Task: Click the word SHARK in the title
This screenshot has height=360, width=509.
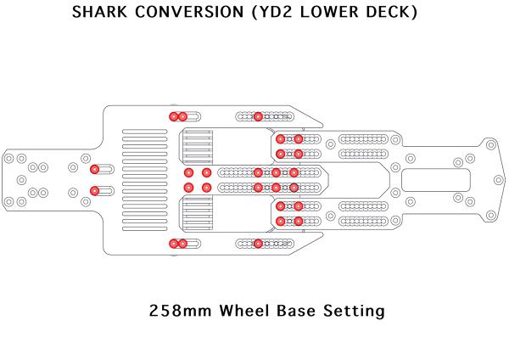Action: [99, 12]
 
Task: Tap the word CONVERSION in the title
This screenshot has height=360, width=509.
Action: [189, 12]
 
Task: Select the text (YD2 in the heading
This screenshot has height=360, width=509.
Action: [272, 13]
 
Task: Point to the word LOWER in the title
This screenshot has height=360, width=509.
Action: [329, 12]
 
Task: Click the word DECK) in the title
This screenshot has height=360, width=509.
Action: [391, 13]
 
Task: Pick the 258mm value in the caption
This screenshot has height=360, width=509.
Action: [180, 310]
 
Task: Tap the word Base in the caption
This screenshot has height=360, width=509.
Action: [296, 310]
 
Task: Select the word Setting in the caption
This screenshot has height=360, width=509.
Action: [354, 311]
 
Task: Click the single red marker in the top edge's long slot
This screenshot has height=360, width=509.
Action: [258, 116]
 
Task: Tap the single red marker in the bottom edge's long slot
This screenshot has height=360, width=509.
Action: [258, 244]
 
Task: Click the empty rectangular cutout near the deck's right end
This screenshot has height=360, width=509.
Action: [436, 180]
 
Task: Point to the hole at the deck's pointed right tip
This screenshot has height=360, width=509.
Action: [498, 180]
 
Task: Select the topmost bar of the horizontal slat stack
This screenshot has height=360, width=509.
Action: [145, 132]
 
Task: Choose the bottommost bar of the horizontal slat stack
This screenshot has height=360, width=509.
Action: [145, 228]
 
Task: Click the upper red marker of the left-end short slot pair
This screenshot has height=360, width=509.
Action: [94, 169]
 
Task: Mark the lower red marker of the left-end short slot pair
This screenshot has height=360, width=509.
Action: [94, 191]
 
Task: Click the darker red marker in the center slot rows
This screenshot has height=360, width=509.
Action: [294, 188]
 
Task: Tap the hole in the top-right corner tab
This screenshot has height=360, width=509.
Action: [491, 144]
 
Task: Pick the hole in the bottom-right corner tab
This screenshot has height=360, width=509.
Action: [491, 215]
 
